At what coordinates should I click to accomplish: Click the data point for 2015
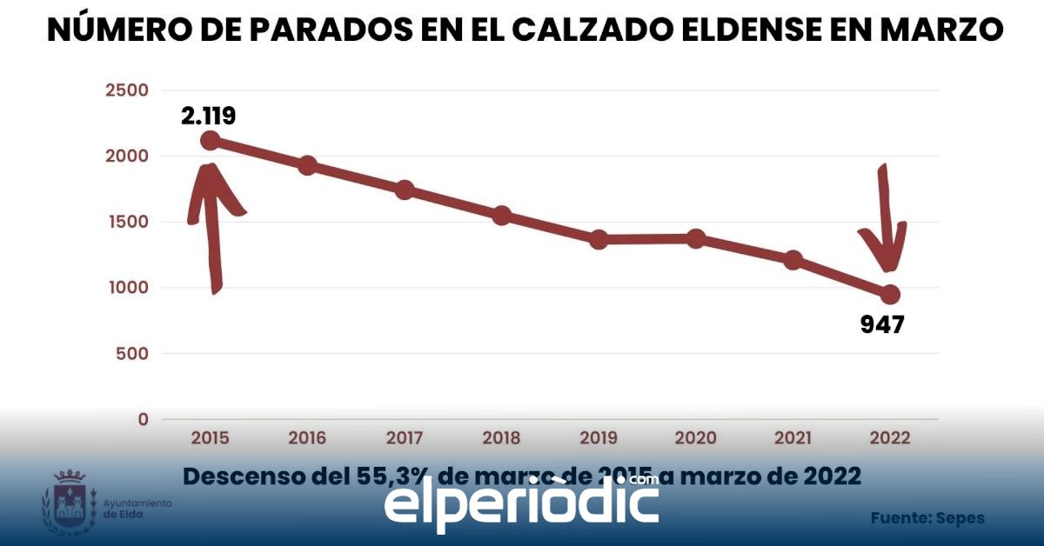[210, 140]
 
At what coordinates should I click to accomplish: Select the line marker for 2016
[307, 166]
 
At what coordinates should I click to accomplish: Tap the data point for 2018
[501, 216]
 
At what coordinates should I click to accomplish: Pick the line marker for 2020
[696, 238]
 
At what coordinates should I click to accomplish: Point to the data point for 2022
[890, 294]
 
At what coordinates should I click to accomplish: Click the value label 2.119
[209, 116]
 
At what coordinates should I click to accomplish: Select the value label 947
[882, 325]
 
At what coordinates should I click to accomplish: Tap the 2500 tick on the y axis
[126, 90]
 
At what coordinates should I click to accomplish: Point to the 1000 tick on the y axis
[126, 288]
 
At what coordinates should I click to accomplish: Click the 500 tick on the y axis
[131, 354]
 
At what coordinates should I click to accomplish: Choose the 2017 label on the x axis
[405, 437]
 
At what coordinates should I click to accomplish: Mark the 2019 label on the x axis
[599, 437]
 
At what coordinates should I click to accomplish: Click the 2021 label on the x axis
[793, 437]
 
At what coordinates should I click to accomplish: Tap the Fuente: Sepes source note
[927, 518]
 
